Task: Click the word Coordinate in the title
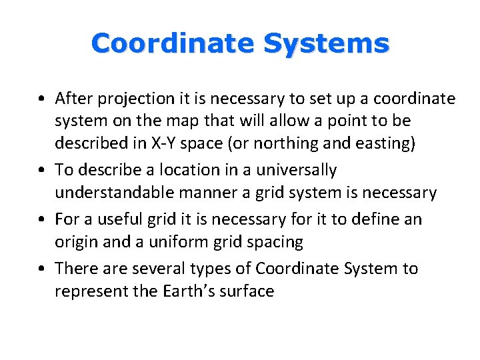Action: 173,44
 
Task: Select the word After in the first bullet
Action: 73,99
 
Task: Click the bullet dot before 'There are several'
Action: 43,269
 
